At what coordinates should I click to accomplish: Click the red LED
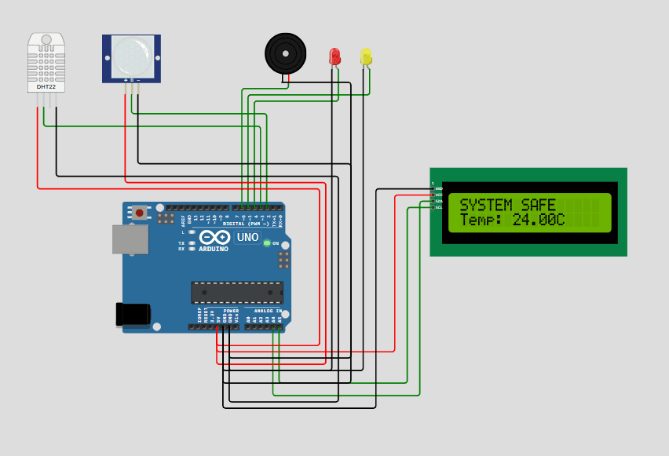(334, 57)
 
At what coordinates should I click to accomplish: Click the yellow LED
(366, 57)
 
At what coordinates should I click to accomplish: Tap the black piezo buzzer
(285, 53)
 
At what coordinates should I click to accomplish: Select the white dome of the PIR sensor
(132, 56)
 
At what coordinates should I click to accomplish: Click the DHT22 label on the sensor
(46, 86)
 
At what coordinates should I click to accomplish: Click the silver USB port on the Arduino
(130, 239)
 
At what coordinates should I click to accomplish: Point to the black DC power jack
(133, 314)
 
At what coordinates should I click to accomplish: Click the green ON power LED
(267, 243)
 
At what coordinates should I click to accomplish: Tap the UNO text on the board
(247, 237)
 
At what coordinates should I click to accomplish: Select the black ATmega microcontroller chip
(237, 293)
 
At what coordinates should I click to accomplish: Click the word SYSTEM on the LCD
(484, 206)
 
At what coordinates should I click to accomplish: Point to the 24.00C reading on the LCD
(539, 221)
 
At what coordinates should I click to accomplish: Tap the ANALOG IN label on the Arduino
(267, 311)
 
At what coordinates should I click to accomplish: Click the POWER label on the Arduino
(231, 311)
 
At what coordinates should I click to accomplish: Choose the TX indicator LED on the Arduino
(192, 243)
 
